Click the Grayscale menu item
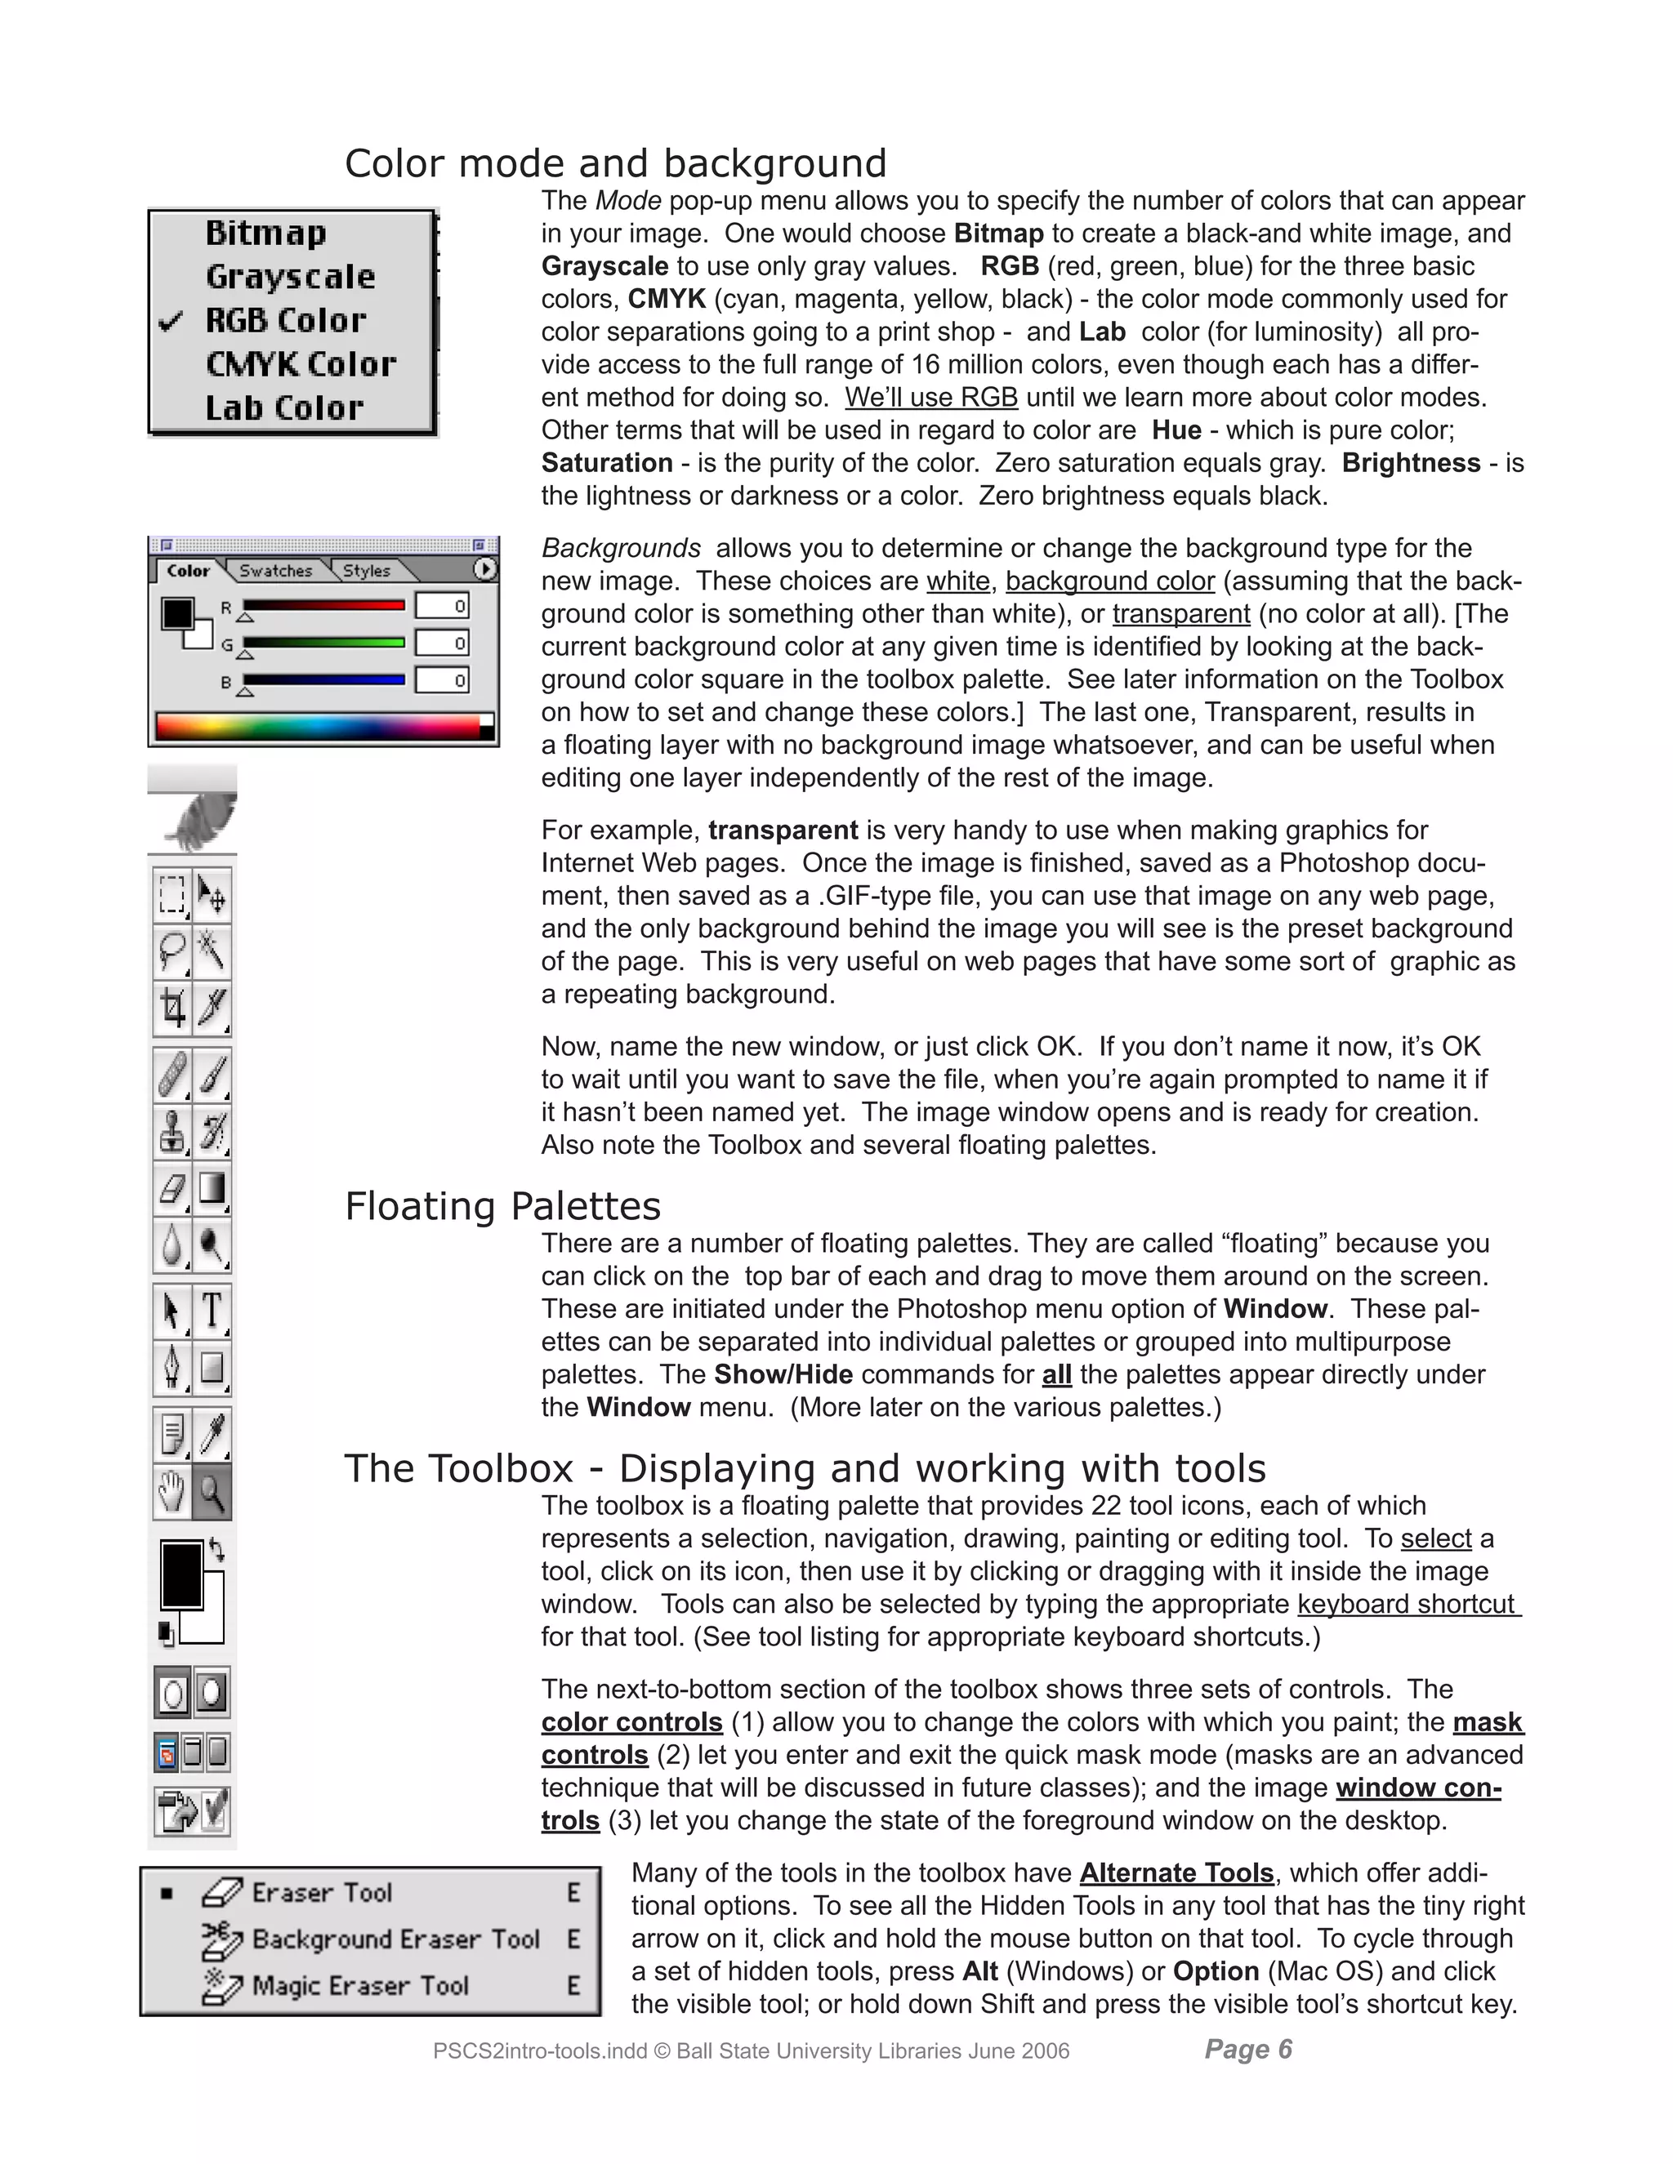pyautogui.click(x=290, y=277)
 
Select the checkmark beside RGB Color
pyautogui.click(x=172, y=321)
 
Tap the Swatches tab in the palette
pyautogui.click(x=275, y=571)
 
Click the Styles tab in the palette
pyautogui.click(x=367, y=571)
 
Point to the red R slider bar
pyautogui.click(x=323, y=605)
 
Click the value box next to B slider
pyautogui.click(x=442, y=681)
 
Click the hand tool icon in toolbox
pyautogui.click(x=172, y=1492)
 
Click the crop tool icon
pyautogui.click(x=172, y=1009)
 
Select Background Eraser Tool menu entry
pyautogui.click(x=395, y=1939)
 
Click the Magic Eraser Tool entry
pyautogui.click(x=359, y=1986)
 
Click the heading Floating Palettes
pyautogui.click(x=502, y=1207)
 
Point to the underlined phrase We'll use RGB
pyautogui.click(x=930, y=398)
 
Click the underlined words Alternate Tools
pyautogui.click(x=1176, y=1872)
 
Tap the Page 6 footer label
pyautogui.click(x=1248, y=2049)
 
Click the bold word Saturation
pyautogui.click(x=607, y=463)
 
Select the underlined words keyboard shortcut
pyautogui.click(x=1407, y=1604)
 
